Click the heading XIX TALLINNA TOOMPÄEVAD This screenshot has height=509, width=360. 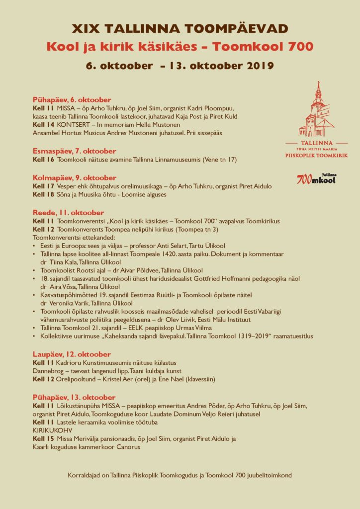(x=180, y=28)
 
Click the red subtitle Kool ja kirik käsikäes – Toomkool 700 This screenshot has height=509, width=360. (x=180, y=47)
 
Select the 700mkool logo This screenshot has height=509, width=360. (x=316, y=178)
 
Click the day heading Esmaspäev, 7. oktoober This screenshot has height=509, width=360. (x=74, y=151)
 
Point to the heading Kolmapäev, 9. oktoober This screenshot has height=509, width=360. (x=75, y=177)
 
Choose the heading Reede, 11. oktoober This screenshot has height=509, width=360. (x=68, y=212)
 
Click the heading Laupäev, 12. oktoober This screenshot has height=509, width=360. (x=72, y=354)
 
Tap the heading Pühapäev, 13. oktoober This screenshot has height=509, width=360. (x=74, y=398)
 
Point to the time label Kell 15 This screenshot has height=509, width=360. (x=43, y=438)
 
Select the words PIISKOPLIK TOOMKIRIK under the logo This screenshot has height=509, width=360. (x=316, y=156)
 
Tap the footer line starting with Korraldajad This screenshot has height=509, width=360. (x=180, y=475)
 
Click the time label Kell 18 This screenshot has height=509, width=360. (x=43, y=194)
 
